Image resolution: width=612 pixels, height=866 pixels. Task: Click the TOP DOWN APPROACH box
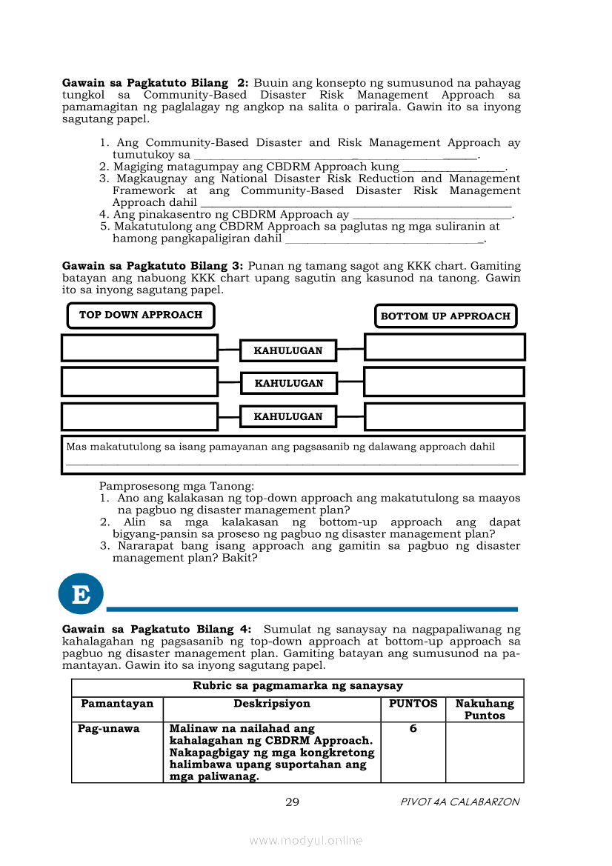point(141,315)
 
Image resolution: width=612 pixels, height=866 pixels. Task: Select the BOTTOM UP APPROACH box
point(445,316)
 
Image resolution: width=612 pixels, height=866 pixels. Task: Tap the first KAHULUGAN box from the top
point(288,350)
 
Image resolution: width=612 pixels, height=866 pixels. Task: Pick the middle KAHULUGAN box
point(289,383)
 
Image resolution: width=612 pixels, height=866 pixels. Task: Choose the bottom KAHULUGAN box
point(288,416)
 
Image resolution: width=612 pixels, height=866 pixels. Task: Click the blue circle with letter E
point(81,593)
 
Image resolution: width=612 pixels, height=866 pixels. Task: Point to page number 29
point(292,802)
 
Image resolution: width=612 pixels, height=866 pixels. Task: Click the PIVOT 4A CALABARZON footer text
point(459,802)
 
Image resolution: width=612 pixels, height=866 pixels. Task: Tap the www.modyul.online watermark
point(306,840)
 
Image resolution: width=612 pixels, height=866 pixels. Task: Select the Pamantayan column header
point(117,704)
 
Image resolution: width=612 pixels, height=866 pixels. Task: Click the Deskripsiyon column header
point(272,704)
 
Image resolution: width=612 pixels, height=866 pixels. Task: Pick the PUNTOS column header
point(413,704)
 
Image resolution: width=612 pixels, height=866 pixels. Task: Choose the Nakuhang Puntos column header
point(485,710)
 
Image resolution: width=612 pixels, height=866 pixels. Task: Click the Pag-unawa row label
point(109,729)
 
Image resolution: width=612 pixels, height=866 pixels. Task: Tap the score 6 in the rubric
point(413,729)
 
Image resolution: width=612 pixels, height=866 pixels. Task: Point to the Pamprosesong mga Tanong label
point(176,487)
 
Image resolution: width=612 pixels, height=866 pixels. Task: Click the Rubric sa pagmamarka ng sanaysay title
point(298,686)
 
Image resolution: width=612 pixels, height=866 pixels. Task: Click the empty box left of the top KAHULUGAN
point(139,347)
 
